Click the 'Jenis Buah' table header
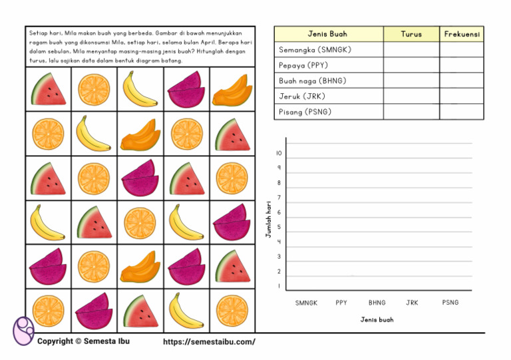tap(327, 34)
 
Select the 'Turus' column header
tap(411, 34)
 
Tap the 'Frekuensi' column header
tap(462, 34)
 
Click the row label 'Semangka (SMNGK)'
tap(314, 50)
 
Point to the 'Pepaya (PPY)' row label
tap(303, 65)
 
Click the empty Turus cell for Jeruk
tap(411, 96)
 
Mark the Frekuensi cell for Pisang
tap(462, 112)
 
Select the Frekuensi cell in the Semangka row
tap(462, 50)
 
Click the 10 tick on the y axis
tap(279, 153)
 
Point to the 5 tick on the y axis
tap(279, 228)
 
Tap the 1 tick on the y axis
tap(279, 287)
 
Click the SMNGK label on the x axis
tap(306, 303)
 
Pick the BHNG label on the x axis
tap(377, 303)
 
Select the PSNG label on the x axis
tap(450, 303)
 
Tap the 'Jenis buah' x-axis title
tap(377, 320)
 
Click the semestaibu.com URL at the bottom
tap(209, 342)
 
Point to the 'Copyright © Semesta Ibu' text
tap(83, 341)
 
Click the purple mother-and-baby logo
tap(23, 331)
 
